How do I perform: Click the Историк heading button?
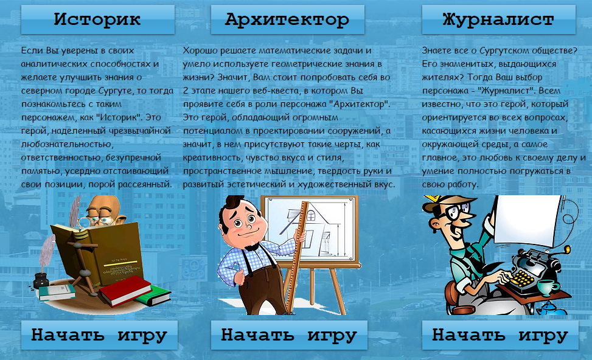[98, 19]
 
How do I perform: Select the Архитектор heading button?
[288, 19]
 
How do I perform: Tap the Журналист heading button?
[499, 19]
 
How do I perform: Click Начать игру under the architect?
[289, 335]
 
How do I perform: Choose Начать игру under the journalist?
[500, 335]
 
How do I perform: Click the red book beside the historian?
[125, 290]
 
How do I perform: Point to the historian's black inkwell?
[41, 280]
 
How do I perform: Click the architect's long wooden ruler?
[297, 257]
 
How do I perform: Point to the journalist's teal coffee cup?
[548, 288]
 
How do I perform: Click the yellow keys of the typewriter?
[522, 278]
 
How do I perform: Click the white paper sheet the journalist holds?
[527, 221]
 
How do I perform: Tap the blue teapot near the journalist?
[552, 309]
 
